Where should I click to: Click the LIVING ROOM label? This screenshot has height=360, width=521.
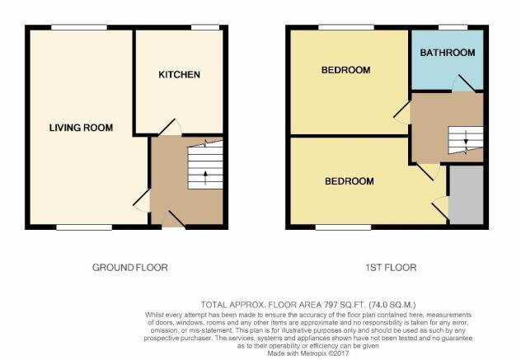pyautogui.click(x=81, y=128)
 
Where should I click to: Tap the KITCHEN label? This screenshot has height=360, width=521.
pyautogui.click(x=179, y=74)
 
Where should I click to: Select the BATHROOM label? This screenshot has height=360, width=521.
pyautogui.click(x=448, y=53)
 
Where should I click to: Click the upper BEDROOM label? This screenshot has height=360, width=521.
pyautogui.click(x=345, y=70)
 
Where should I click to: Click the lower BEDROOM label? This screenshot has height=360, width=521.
pyautogui.click(x=350, y=181)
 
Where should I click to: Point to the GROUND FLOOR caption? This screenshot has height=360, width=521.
pyautogui.click(x=130, y=268)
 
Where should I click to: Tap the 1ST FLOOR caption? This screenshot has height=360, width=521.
pyautogui.click(x=391, y=268)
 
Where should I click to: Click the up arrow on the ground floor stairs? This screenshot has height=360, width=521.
pyautogui.click(x=205, y=177)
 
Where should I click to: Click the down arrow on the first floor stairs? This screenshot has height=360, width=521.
pyautogui.click(x=466, y=138)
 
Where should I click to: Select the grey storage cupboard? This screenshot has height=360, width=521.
pyautogui.click(x=466, y=194)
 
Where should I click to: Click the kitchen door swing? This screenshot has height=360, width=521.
pyautogui.click(x=170, y=127)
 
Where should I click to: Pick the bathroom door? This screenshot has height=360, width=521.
pyautogui.click(x=464, y=83)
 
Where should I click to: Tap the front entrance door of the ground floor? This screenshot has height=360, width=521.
pyautogui.click(x=173, y=219)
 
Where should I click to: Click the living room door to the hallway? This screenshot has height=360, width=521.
pyautogui.click(x=141, y=200)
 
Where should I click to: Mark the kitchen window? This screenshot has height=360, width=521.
pyautogui.click(x=205, y=27)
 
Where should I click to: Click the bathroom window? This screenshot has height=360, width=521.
pyautogui.click(x=453, y=27)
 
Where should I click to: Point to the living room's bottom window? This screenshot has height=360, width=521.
pyautogui.click(x=84, y=227)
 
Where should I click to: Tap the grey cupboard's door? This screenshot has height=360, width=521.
pyautogui.click(x=440, y=208)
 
